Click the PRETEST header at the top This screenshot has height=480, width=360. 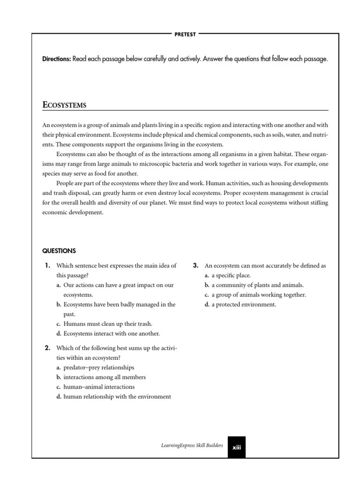(185, 34)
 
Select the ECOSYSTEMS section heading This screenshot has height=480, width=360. (64, 105)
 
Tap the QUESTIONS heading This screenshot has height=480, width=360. (59, 251)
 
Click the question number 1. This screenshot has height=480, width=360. (47, 265)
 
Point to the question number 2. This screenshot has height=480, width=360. (47, 348)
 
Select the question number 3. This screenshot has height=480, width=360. (196, 265)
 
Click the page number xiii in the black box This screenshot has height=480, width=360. (236, 448)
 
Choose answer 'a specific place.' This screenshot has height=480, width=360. (231, 275)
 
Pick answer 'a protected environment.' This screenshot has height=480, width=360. (244, 304)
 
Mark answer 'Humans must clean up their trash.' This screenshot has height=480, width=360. (107, 324)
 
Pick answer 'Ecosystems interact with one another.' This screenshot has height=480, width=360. (111, 333)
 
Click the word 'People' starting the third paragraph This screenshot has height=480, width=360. (65, 183)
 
